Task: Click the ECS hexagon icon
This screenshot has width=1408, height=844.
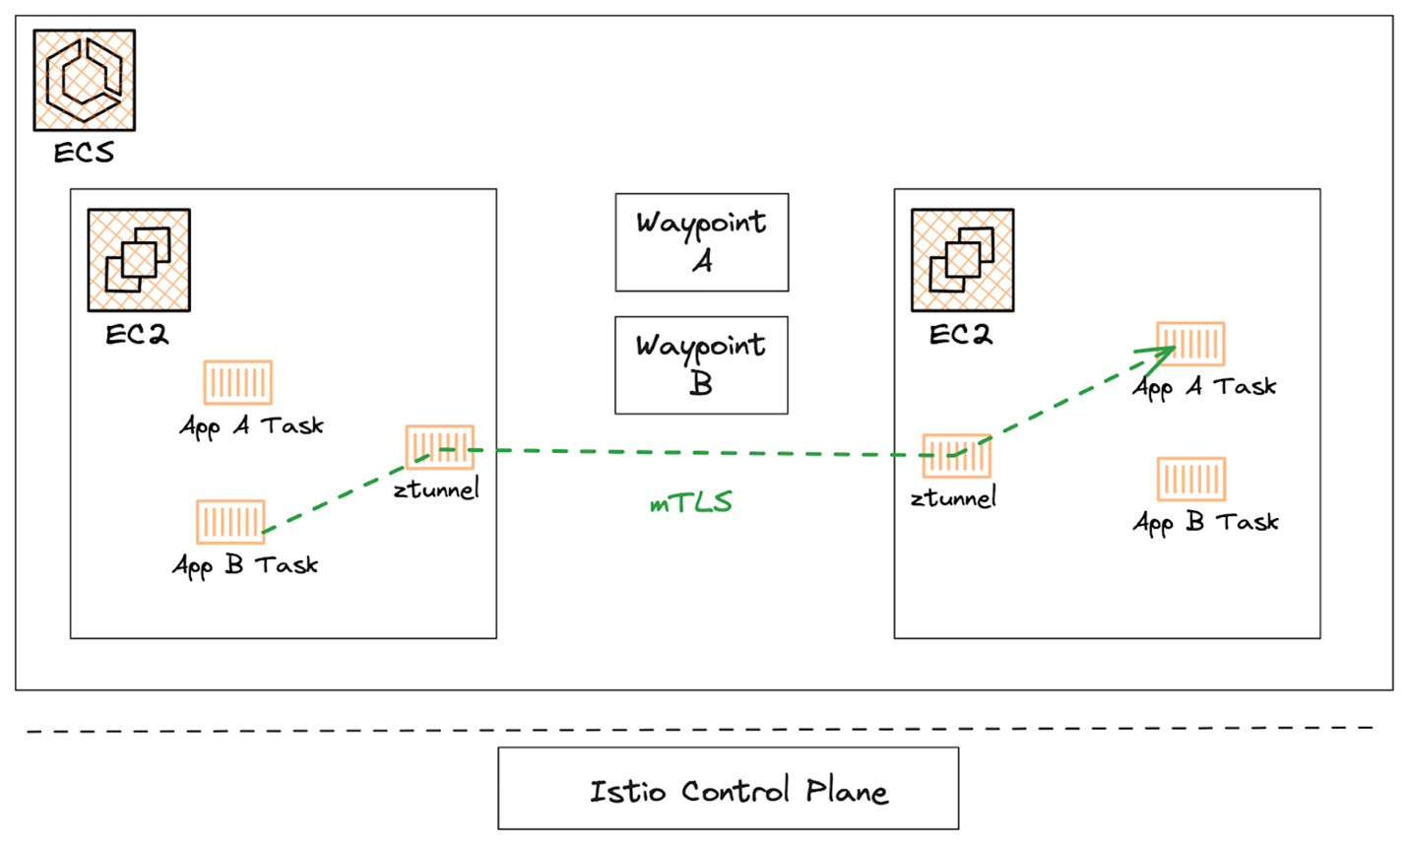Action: point(84,80)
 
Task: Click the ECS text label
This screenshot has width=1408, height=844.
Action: point(84,153)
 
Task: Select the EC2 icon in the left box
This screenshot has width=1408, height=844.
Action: point(139,260)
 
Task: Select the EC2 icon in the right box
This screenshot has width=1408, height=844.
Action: point(962,260)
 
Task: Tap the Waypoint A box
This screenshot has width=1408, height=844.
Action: point(701,242)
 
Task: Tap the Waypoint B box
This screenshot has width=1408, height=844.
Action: point(701,364)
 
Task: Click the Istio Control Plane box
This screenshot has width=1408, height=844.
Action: point(728,788)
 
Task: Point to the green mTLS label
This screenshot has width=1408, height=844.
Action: point(691,502)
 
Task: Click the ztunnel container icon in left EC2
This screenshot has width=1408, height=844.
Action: point(439,447)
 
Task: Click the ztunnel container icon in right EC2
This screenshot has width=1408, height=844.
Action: point(956,456)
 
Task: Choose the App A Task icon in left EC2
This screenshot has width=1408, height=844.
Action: point(237,382)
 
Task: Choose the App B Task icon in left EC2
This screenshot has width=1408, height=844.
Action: point(230,521)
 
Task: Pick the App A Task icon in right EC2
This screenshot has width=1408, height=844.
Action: point(1190,344)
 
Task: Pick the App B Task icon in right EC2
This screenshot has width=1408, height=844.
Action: point(1191,480)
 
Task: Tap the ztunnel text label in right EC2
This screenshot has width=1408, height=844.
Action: point(953,498)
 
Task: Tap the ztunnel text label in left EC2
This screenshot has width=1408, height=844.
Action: point(436,488)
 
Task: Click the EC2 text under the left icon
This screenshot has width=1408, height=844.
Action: point(137,335)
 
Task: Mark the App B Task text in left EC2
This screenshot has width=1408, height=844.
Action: point(245,565)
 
